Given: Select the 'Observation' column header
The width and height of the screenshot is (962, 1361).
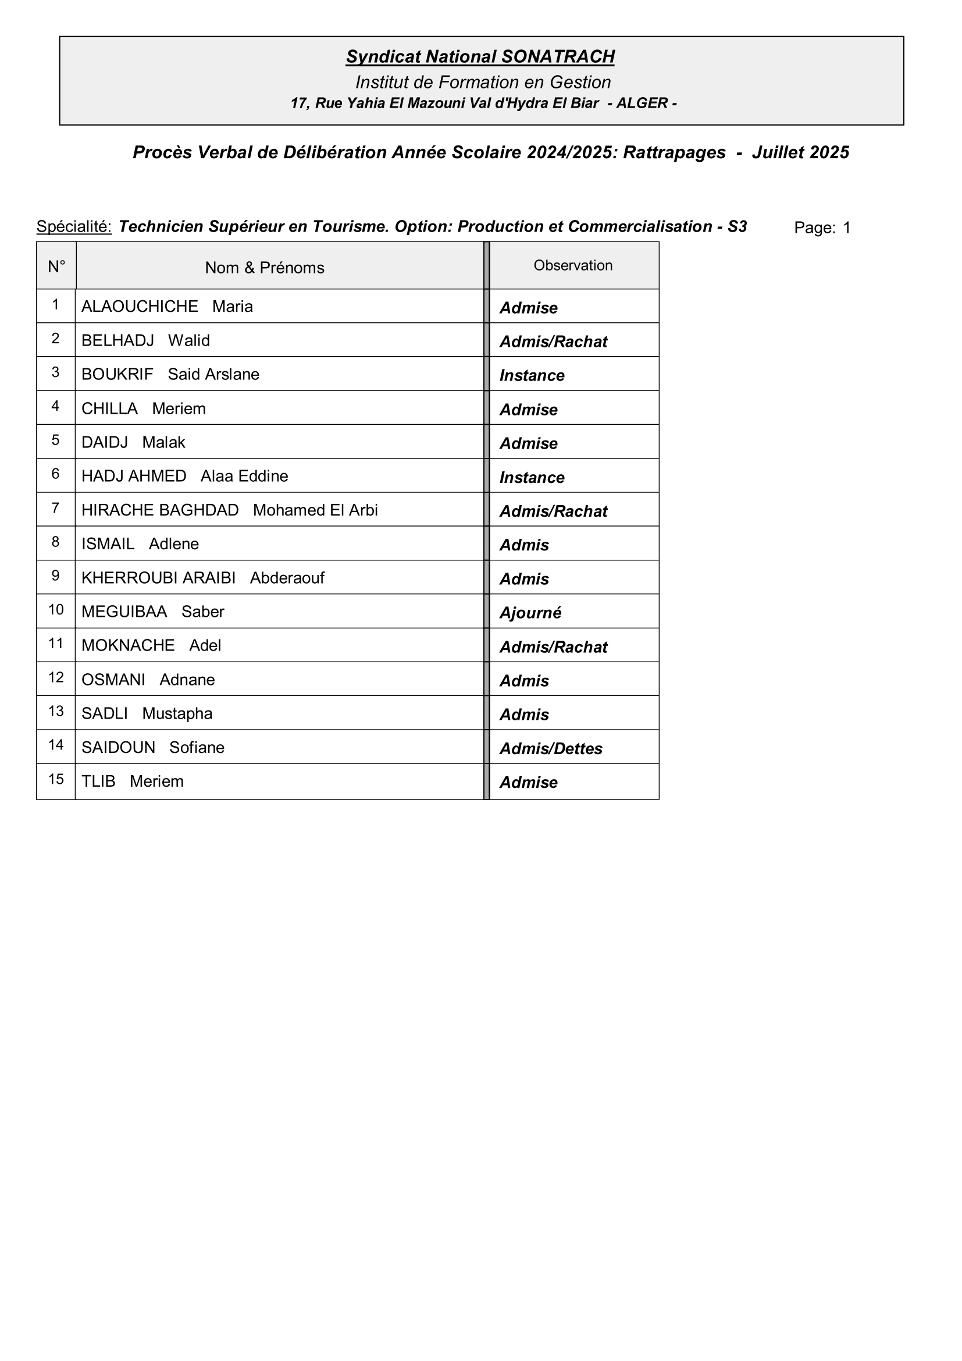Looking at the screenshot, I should (x=572, y=265).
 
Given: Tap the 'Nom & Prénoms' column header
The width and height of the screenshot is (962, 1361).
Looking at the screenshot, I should (x=264, y=268).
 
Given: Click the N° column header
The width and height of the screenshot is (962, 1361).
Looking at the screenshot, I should (x=56, y=266).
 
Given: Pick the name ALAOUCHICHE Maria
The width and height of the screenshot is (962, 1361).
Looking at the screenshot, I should (x=167, y=307).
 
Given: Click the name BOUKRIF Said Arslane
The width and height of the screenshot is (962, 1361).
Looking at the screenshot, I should (x=170, y=374).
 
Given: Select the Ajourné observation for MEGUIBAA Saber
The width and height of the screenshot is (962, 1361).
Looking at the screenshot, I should (x=530, y=612).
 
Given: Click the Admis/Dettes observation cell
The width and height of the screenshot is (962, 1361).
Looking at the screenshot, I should (x=550, y=749).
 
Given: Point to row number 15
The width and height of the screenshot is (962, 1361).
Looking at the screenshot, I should (x=56, y=779).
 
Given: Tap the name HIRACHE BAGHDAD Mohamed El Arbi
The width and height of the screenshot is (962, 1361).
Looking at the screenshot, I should (x=229, y=510).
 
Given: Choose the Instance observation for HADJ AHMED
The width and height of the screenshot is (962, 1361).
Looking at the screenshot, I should (x=532, y=477).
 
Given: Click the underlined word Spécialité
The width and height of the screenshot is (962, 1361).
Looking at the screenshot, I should (x=74, y=226).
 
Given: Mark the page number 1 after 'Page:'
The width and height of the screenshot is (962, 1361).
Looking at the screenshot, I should (x=846, y=228).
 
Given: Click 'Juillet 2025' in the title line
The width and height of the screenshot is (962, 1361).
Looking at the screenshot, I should (x=800, y=152).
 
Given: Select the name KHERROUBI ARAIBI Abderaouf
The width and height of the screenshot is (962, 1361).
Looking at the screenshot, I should (x=202, y=578).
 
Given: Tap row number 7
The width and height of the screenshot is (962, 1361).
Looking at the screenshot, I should (x=56, y=508).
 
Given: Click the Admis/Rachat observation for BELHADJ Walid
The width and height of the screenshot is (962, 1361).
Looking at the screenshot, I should (x=553, y=342).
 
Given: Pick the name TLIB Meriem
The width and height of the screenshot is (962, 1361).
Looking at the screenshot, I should (x=132, y=781).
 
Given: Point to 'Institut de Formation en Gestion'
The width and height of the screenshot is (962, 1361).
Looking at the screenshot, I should (x=483, y=82).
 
